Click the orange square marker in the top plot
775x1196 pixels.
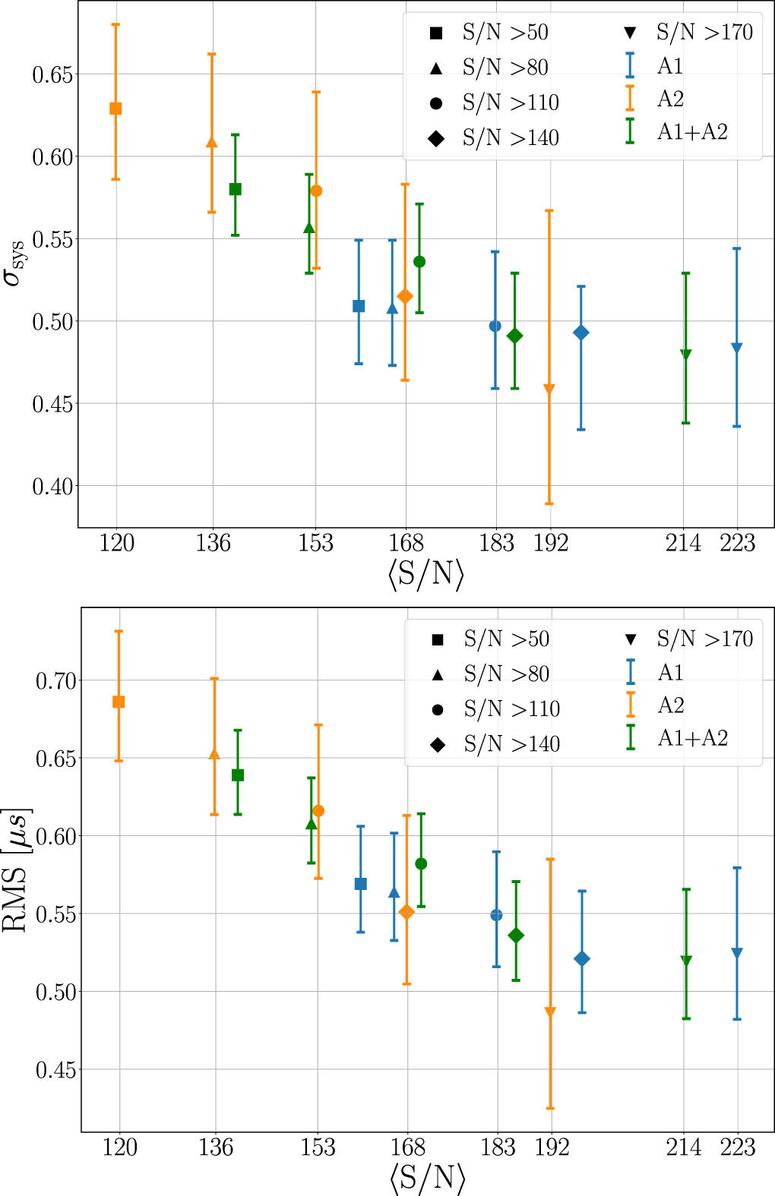pyautogui.click(x=115, y=109)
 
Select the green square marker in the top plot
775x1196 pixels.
pyautogui.click(x=236, y=189)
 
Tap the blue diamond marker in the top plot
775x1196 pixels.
pyautogui.click(x=581, y=333)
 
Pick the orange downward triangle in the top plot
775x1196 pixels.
pyautogui.click(x=549, y=390)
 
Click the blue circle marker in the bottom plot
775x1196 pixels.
pyautogui.click(x=496, y=915)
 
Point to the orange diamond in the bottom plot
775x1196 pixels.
pyautogui.click(x=406, y=912)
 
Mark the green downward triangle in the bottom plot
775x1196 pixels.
pyautogui.click(x=686, y=961)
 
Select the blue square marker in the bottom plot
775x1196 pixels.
pyautogui.click(x=361, y=884)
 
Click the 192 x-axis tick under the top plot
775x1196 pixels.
pyautogui.click(x=550, y=544)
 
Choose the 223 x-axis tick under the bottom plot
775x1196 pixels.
pyautogui.click(x=737, y=1147)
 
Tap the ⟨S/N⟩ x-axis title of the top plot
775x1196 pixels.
pyautogui.click(x=425, y=574)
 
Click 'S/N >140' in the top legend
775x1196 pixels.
pyautogui.click(x=511, y=138)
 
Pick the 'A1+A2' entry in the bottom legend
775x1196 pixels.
pyautogui.click(x=692, y=738)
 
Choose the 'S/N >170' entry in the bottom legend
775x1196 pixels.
pyautogui.click(x=704, y=639)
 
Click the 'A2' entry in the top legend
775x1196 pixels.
pyautogui.click(x=670, y=99)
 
